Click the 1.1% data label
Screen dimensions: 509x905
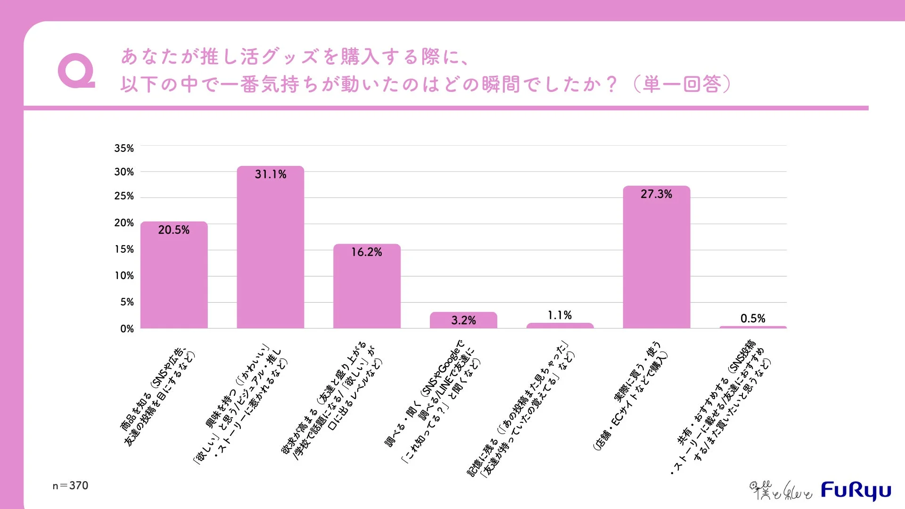(x=559, y=315)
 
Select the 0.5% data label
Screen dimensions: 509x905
(x=753, y=319)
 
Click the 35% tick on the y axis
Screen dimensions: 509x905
(x=124, y=148)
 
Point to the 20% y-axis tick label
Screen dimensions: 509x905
(x=124, y=223)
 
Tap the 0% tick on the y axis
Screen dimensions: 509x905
(x=127, y=329)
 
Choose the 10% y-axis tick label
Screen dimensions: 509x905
(x=124, y=276)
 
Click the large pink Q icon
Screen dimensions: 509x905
(x=76, y=71)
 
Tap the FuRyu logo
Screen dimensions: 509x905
(x=856, y=491)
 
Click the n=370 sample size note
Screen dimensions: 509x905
(x=70, y=485)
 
